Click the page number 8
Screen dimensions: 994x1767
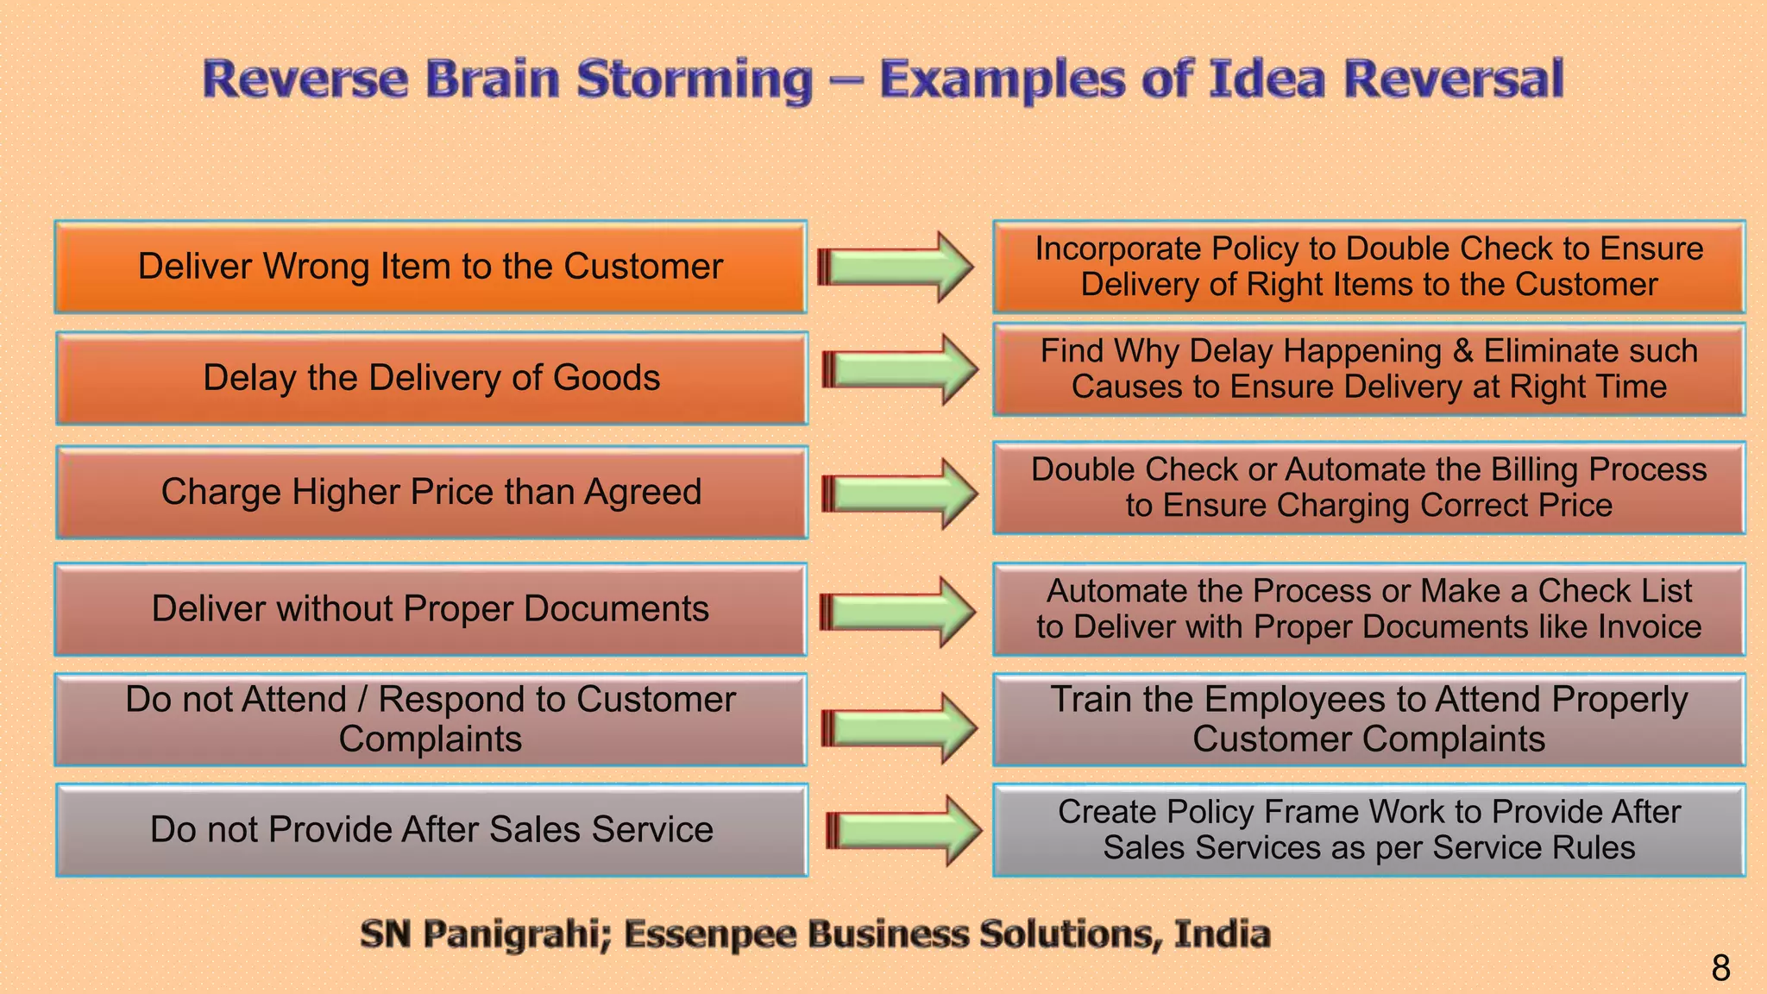(1720, 968)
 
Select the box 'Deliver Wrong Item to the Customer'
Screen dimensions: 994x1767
(431, 267)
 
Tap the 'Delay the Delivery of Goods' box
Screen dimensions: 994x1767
(431, 378)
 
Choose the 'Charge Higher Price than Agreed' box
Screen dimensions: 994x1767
(431, 492)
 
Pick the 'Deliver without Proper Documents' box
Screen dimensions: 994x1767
(431, 609)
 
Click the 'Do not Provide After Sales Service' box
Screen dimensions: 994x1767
(431, 829)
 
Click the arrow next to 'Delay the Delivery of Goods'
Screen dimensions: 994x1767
(901, 369)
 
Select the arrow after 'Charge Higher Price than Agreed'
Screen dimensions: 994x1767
(901, 494)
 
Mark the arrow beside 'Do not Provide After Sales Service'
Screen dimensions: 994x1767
(904, 830)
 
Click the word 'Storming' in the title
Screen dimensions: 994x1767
(695, 79)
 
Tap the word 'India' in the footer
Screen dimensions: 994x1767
(1222, 934)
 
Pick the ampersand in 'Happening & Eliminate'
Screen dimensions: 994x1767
(1463, 351)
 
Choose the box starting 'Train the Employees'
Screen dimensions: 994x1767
(1368, 720)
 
